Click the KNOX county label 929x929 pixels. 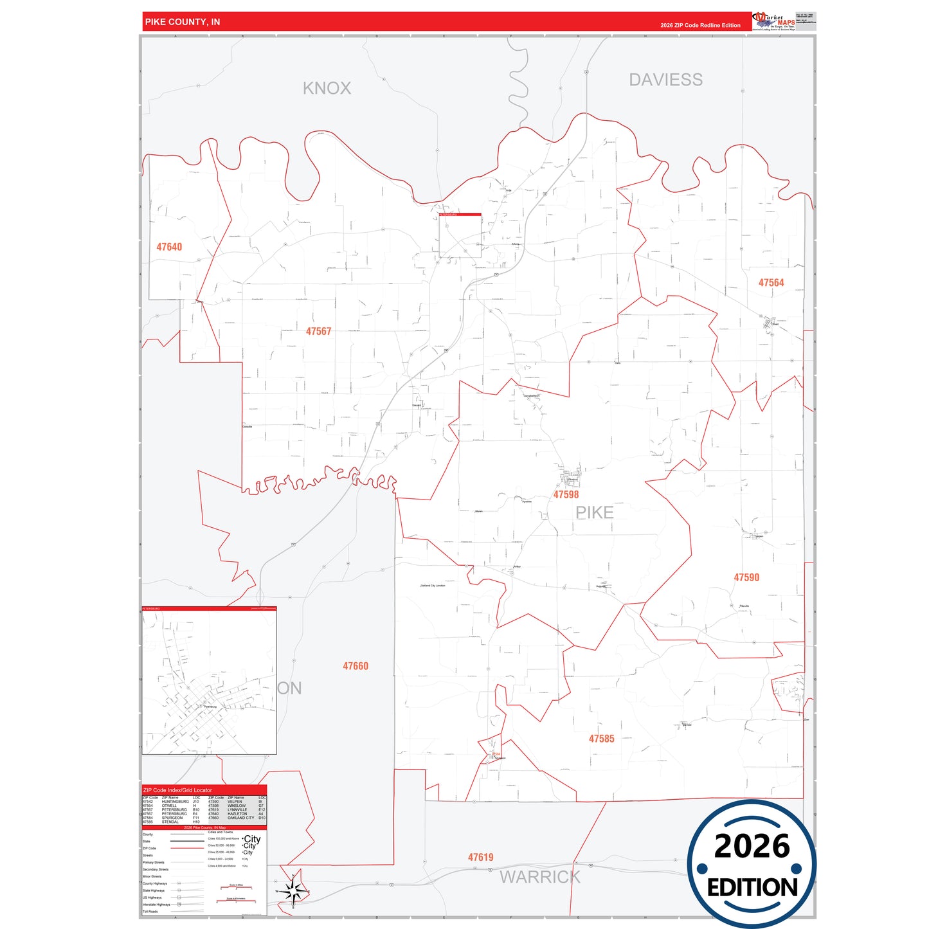pyautogui.click(x=327, y=88)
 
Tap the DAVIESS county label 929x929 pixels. pyautogui.click(x=665, y=80)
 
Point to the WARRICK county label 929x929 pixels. pyautogui.click(x=539, y=877)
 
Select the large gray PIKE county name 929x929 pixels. pyautogui.click(x=594, y=512)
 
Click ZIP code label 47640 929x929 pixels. pyautogui.click(x=169, y=247)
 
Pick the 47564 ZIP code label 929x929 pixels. pyautogui.click(x=771, y=283)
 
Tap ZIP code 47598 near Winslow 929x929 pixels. pyautogui.click(x=566, y=494)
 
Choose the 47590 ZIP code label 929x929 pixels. pyautogui.click(x=746, y=577)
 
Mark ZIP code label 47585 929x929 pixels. pyautogui.click(x=601, y=739)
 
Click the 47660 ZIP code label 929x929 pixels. pyautogui.click(x=356, y=666)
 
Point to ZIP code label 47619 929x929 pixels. pyautogui.click(x=480, y=857)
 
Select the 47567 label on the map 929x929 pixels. pyautogui.click(x=318, y=331)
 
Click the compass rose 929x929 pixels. pyautogui.click(x=293, y=891)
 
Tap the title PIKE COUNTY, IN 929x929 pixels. pyautogui.click(x=183, y=22)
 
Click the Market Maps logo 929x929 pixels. pyautogui.click(x=773, y=21)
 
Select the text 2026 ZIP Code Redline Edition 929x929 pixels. pyautogui.click(x=700, y=26)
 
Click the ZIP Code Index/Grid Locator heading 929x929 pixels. pyautogui.click(x=177, y=790)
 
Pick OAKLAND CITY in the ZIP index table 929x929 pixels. pyautogui.click(x=240, y=818)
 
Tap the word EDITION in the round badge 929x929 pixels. pyautogui.click(x=752, y=888)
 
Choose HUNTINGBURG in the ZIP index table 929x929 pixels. pyautogui.click(x=175, y=802)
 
